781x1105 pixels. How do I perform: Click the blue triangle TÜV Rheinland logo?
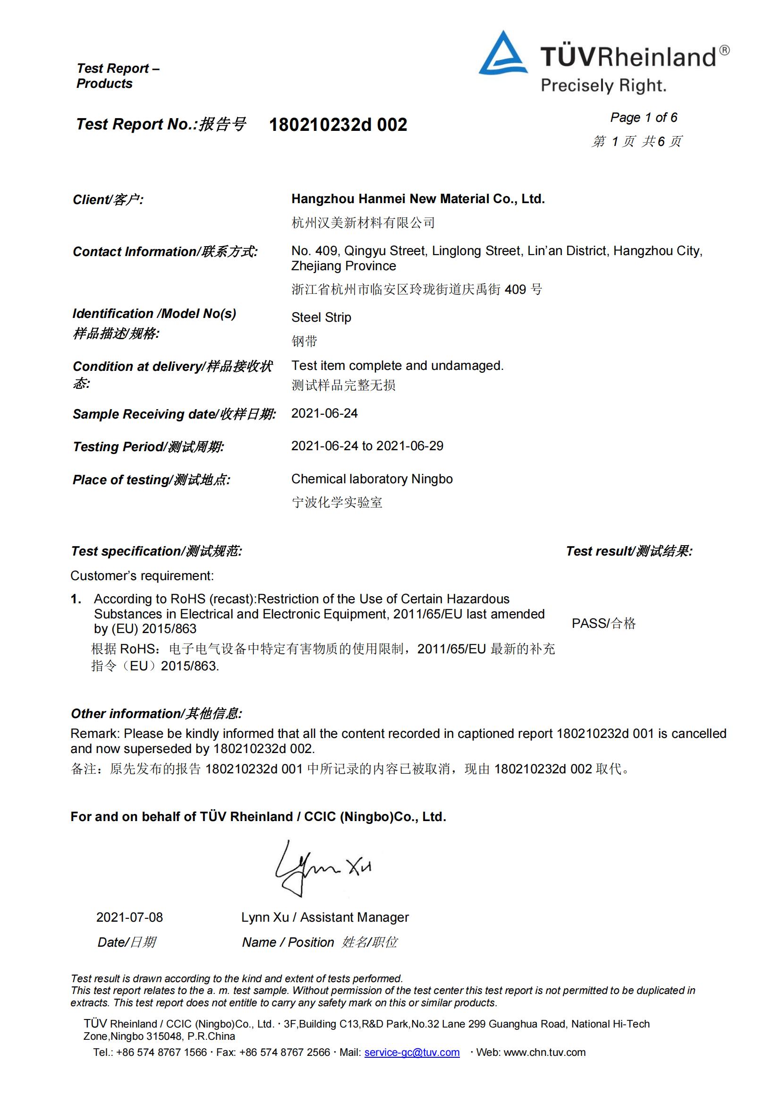click(x=502, y=55)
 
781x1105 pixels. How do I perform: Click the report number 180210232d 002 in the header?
click(x=338, y=125)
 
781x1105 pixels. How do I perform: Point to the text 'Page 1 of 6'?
click(x=644, y=118)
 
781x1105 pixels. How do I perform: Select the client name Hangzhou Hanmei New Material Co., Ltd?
click(x=418, y=199)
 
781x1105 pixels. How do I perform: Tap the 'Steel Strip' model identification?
click(x=321, y=317)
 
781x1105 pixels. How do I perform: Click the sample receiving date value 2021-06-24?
click(x=324, y=413)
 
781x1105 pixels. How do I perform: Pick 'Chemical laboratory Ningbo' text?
click(x=372, y=479)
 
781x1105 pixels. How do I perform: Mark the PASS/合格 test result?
click(x=603, y=623)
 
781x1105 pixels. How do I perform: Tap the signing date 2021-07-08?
click(x=129, y=917)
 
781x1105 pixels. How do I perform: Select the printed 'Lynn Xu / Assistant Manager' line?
click(x=325, y=917)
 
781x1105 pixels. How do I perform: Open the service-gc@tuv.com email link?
click(x=412, y=1053)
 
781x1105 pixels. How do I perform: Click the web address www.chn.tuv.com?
click(x=544, y=1053)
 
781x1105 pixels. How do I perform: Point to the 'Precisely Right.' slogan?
click(x=603, y=86)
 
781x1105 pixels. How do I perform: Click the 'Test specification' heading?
click(x=156, y=551)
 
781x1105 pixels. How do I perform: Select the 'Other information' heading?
click(x=156, y=713)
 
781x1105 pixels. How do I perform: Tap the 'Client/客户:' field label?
click(x=108, y=200)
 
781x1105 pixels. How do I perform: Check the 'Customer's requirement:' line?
click(x=142, y=575)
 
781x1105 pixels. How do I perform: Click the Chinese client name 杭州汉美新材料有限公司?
click(x=363, y=223)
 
